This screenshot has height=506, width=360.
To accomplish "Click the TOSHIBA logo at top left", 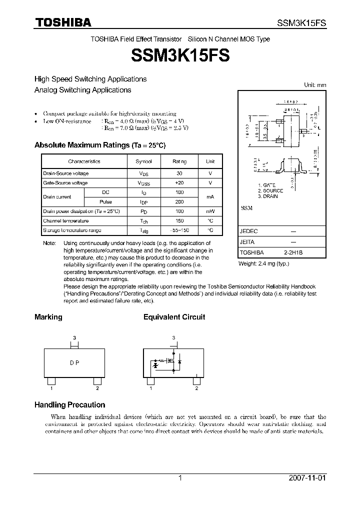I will (62, 22).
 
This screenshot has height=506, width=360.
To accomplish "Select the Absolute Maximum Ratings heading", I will (99, 145).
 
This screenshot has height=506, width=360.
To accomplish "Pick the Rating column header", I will (179, 161).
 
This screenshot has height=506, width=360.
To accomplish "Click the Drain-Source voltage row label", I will (66, 173).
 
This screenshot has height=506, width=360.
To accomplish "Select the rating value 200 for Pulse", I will (179, 202).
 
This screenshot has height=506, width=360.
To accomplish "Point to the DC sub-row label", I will (105, 192).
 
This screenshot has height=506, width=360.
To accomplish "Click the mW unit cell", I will (210, 211).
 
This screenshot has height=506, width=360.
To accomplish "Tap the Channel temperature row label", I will (66, 221).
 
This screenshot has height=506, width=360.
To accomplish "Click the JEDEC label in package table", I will (248, 232).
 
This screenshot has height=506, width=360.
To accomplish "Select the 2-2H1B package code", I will (294, 253).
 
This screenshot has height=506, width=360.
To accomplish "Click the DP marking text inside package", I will (74, 363).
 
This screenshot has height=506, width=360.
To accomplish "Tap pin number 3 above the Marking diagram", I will (74, 338).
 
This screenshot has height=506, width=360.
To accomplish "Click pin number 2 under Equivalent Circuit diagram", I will (197, 388).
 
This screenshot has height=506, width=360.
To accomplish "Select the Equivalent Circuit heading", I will (174, 317).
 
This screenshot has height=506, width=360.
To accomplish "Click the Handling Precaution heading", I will (69, 405).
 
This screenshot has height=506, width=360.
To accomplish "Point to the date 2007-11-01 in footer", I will (307, 478).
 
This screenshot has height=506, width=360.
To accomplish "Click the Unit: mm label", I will (315, 85).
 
